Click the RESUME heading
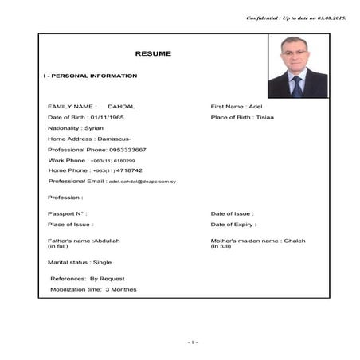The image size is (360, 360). pyautogui.click(x=153, y=53)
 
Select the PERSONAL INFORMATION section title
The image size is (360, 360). pyautogui.click(x=92, y=76)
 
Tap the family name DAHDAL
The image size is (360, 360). pyautogui.click(x=122, y=106)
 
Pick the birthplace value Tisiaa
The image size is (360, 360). pyautogui.click(x=265, y=117)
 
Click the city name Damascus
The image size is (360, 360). pyautogui.click(x=104, y=139)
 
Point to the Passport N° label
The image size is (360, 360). pyautogui.click(x=67, y=213)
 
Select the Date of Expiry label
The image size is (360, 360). pyautogui.click(x=233, y=225)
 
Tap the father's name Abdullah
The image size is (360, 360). pyautogui.click(x=107, y=241)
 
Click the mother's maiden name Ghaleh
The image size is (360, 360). pyautogui.click(x=295, y=241)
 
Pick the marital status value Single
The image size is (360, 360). pyautogui.click(x=102, y=262)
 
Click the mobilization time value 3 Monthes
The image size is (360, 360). pyautogui.click(x=121, y=289)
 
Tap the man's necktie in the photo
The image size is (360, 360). pyautogui.click(x=297, y=86)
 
